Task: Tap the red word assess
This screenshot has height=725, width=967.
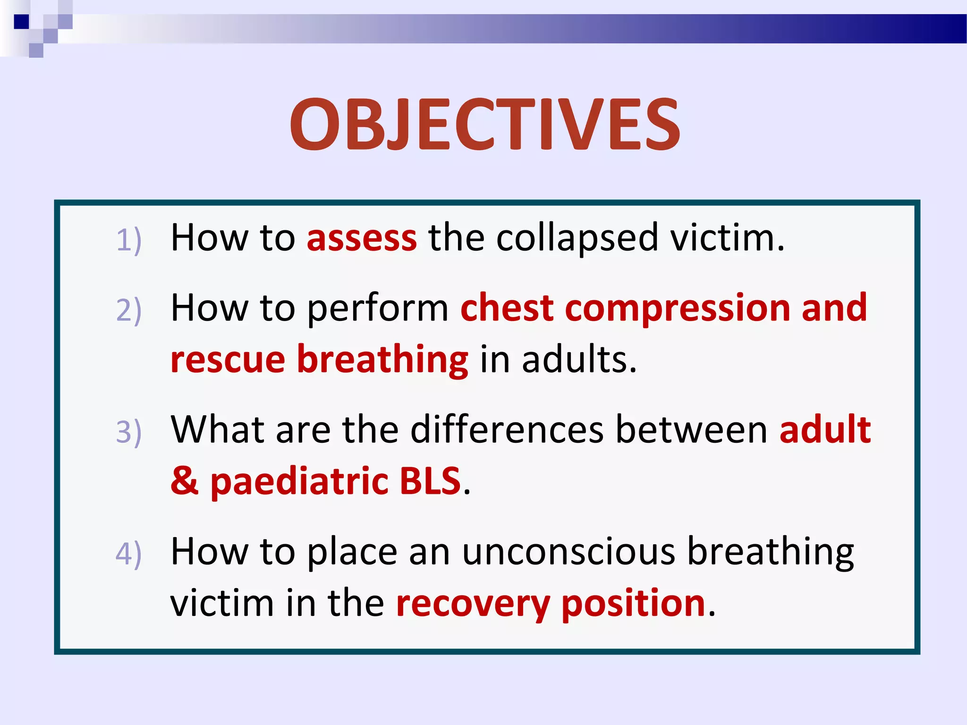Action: [362, 237]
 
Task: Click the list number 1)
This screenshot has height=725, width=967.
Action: [128, 240]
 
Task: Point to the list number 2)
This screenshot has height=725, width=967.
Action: [128, 310]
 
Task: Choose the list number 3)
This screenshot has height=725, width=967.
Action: [128, 432]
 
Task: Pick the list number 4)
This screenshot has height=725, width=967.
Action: [128, 554]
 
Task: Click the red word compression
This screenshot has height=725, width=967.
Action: [678, 308]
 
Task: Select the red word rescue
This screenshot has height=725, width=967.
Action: [228, 360]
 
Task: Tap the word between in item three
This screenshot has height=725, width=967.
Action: [692, 430]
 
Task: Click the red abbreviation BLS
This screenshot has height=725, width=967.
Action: [430, 481]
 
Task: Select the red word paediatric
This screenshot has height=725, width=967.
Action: [299, 482]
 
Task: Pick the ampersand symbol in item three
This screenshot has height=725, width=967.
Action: [185, 481]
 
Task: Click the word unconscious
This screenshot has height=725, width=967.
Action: [568, 551]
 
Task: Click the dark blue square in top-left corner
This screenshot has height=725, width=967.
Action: [22, 22]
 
